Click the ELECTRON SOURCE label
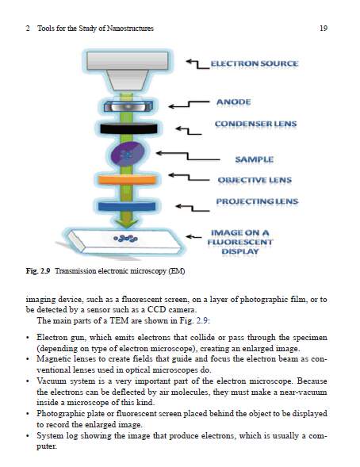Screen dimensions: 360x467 coord(255,63)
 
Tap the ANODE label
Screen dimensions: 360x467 coord(234,102)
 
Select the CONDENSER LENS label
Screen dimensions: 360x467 coord(256,124)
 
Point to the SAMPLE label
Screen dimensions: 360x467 coord(255,159)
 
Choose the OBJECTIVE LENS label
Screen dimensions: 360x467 coord(255,180)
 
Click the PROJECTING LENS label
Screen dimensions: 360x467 coord(257,201)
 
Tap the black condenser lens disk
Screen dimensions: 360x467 coord(128,128)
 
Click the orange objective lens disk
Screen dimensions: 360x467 coord(127,180)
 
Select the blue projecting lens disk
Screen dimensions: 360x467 coord(127,206)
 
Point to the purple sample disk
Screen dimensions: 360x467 coord(128,154)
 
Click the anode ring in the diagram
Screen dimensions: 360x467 coord(128,106)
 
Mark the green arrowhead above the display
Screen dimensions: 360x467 coord(127,224)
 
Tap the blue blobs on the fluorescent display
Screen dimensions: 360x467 coord(125,239)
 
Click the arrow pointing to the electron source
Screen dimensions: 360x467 coord(197,65)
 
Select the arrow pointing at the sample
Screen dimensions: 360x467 coord(188,156)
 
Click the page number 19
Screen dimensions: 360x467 coord(324,29)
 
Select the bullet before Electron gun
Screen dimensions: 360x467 coord(28,338)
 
